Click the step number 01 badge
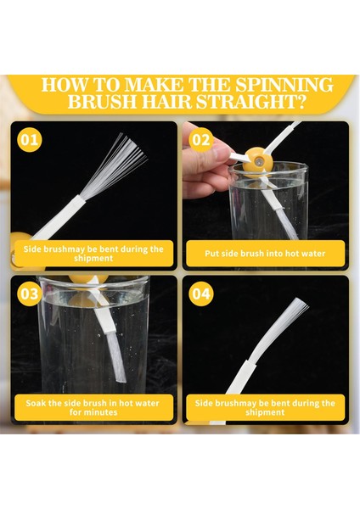coord(30,140)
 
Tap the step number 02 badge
coord(201,140)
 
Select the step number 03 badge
coord(30,294)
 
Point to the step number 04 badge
coord(201,294)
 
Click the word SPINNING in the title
coord(284,85)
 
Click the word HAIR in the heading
coord(166,102)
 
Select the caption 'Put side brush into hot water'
coord(265,253)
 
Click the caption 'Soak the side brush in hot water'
coord(93,403)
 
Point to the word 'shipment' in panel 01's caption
coord(93,259)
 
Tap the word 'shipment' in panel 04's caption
coord(265,412)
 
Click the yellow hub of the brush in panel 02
coord(256,161)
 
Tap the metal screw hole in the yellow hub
coord(258,161)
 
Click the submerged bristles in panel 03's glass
coord(117,357)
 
